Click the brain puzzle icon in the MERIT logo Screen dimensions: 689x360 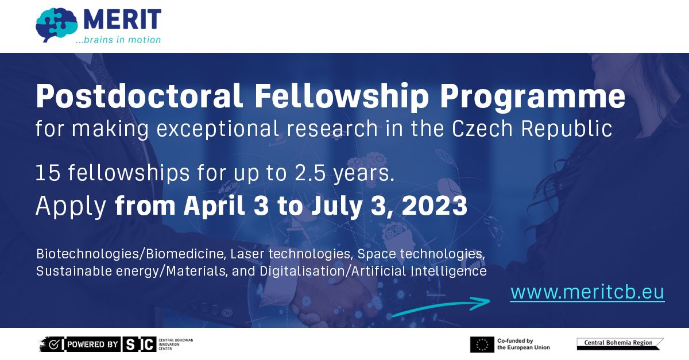coord(57,25)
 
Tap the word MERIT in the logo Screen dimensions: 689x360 coord(122,20)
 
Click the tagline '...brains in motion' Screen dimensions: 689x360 coord(118,40)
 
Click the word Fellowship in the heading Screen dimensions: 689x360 coord(342,96)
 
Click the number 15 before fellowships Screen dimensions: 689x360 coord(48,173)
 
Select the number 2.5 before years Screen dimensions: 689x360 coord(310,173)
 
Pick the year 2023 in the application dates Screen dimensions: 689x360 coord(435,205)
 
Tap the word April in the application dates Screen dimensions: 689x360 coord(214,206)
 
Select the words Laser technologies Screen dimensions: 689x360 coord(291,254)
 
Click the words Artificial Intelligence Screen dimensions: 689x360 coord(419,271)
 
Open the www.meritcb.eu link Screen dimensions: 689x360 coord(587,292)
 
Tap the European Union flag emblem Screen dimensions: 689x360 coord(482,344)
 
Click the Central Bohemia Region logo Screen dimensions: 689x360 coord(620,344)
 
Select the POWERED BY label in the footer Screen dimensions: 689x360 coord(92,344)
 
